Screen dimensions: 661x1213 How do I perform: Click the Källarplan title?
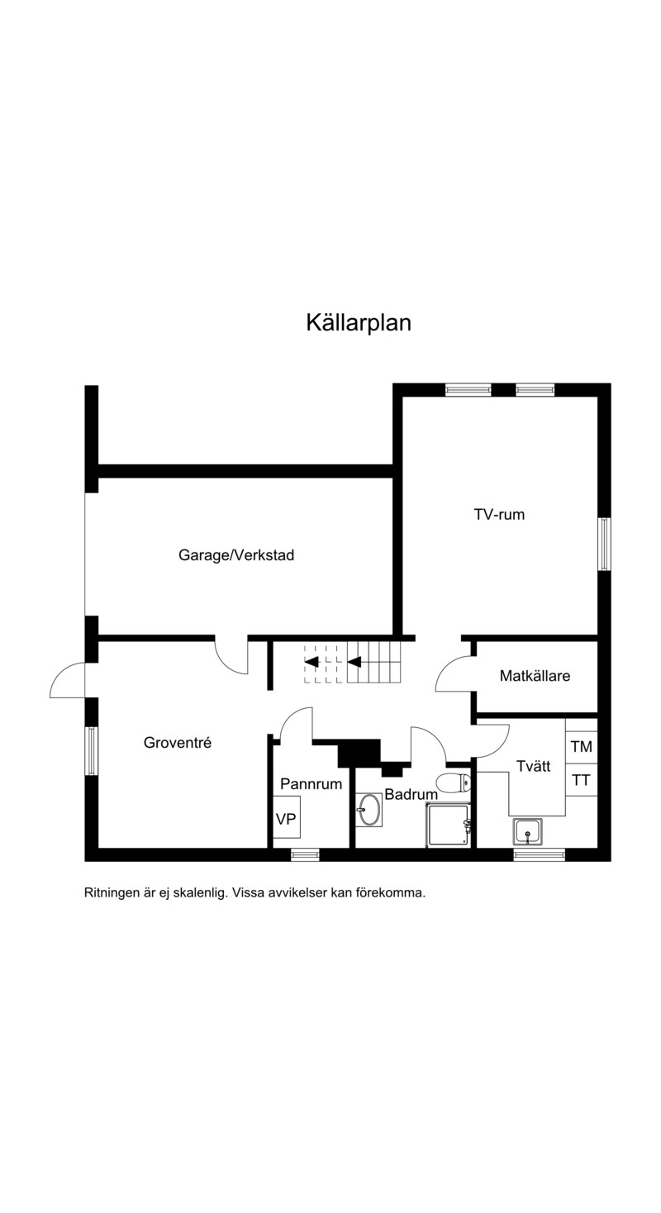click(x=359, y=322)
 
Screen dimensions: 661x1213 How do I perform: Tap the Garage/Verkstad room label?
click(x=236, y=555)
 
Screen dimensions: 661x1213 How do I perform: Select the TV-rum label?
click(x=499, y=515)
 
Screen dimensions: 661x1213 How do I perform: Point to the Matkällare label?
click(x=535, y=676)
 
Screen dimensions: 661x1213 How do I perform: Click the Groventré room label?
click(x=178, y=742)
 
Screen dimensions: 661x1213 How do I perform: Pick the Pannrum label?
click(x=311, y=783)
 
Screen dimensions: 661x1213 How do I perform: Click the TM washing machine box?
click(x=582, y=747)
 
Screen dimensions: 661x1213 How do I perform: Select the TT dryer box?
click(x=582, y=780)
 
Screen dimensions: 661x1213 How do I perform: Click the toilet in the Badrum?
click(x=454, y=782)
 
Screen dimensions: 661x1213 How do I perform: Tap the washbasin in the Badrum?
click(x=369, y=810)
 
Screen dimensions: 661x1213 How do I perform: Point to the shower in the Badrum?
click(x=449, y=825)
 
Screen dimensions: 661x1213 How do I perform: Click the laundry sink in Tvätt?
click(x=527, y=830)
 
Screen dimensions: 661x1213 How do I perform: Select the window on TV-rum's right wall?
click(x=604, y=544)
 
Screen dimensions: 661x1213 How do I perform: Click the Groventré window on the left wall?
click(x=92, y=750)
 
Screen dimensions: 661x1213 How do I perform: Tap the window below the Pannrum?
click(x=305, y=854)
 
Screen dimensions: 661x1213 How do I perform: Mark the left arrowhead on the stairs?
click(x=311, y=661)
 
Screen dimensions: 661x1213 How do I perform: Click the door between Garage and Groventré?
click(x=231, y=656)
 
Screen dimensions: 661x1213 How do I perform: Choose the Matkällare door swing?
click(x=454, y=673)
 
